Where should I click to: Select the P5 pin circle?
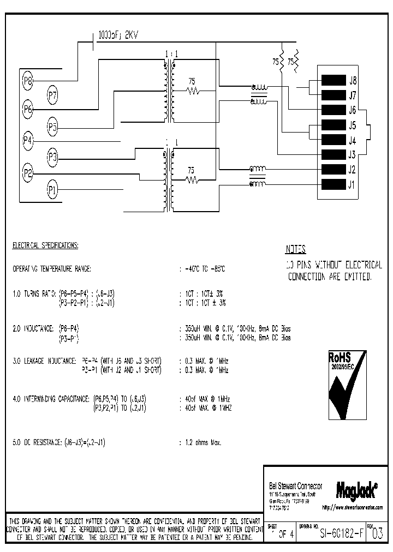point(52,128)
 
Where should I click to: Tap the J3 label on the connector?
point(352,154)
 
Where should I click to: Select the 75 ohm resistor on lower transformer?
point(191,178)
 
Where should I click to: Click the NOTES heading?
point(296,250)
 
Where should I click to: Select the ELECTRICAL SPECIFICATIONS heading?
point(45,246)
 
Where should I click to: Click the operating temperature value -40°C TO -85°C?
point(205,269)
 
